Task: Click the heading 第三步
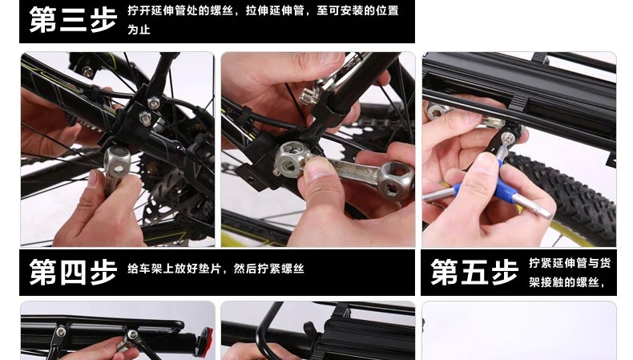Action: (x=73, y=19)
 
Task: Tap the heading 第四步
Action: (x=73, y=273)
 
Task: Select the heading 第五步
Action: (x=474, y=273)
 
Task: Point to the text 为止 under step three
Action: (x=139, y=30)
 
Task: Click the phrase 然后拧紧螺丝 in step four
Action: (x=269, y=269)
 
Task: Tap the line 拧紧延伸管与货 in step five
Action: (x=570, y=263)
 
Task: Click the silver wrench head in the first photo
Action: (x=117, y=161)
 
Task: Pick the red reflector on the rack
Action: (x=206, y=338)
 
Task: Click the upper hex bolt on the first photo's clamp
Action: (x=153, y=103)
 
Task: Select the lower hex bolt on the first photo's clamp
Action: (x=145, y=119)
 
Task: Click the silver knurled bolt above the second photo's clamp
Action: (x=308, y=97)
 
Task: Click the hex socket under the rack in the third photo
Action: (x=436, y=111)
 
